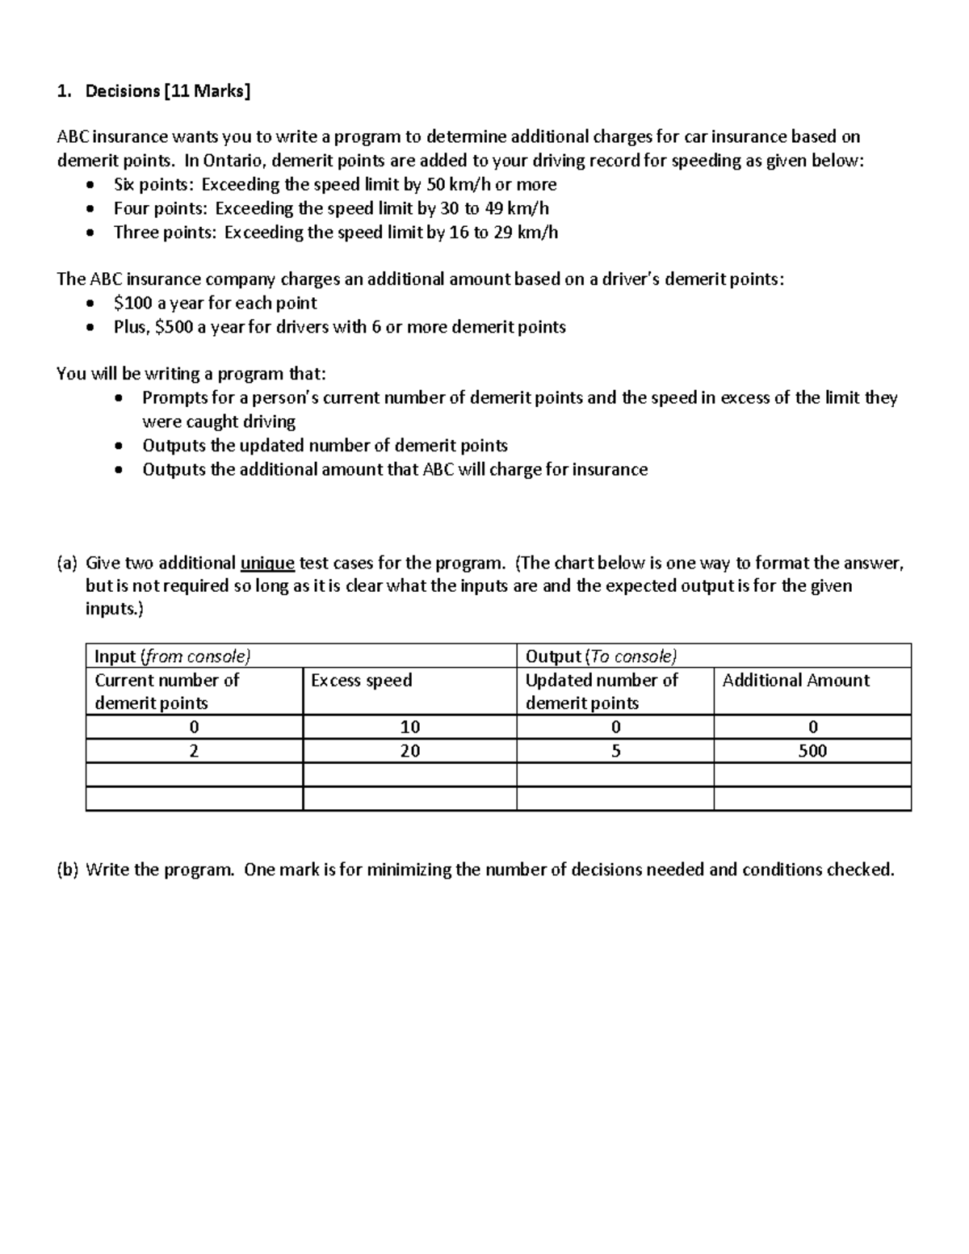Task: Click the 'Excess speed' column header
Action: pos(361,680)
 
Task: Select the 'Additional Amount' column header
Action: pos(795,680)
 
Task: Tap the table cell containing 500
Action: pos(812,751)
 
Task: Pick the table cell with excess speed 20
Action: pos(410,751)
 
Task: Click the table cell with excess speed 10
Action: pos(410,727)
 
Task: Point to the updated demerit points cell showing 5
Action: pos(615,751)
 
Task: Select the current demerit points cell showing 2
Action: pos(194,751)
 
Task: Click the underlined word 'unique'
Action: pos(267,563)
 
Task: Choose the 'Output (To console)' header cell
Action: pos(601,656)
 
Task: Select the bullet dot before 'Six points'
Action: pos(94,185)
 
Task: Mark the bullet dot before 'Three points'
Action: pos(94,233)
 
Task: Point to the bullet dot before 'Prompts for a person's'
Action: pos(120,398)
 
